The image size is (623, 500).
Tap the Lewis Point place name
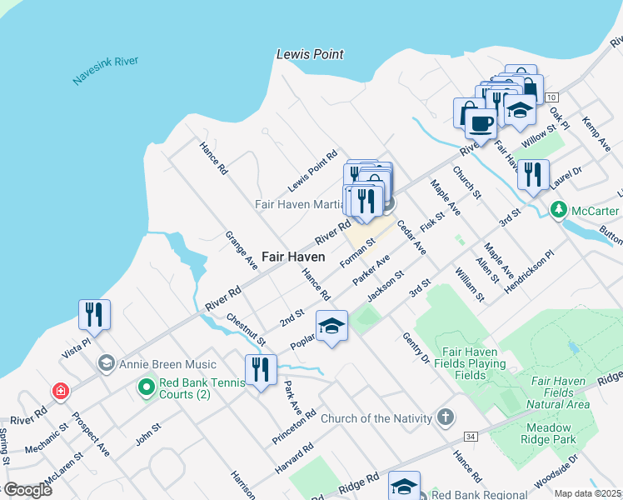click(x=310, y=54)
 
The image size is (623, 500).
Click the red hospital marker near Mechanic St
click(x=60, y=390)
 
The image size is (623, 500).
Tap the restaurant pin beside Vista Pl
click(x=93, y=315)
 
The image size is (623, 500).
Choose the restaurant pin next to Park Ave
click(x=261, y=369)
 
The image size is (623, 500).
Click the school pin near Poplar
click(x=331, y=326)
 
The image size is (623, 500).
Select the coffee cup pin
click(x=481, y=125)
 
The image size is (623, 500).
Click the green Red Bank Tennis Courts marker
click(x=147, y=387)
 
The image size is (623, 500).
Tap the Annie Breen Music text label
click(x=167, y=364)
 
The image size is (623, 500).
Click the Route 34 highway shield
click(x=471, y=436)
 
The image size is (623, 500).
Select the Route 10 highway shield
click(x=551, y=97)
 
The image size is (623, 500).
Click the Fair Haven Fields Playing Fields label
click(x=464, y=363)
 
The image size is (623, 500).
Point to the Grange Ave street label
click(x=242, y=250)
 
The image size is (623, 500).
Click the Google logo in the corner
click(x=27, y=489)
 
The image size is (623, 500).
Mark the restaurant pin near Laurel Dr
click(x=533, y=175)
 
